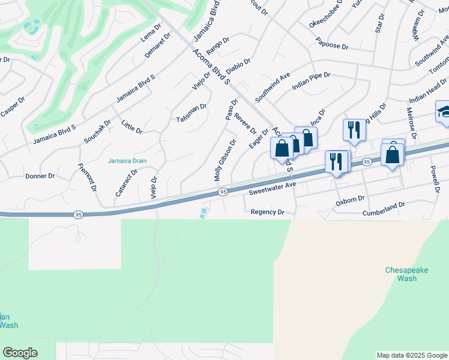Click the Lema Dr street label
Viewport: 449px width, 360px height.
(151, 34)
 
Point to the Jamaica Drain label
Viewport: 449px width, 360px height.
(127, 160)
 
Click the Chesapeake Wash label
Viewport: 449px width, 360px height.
(407, 274)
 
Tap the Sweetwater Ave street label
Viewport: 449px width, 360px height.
(273, 191)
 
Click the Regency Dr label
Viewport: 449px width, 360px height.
(267, 212)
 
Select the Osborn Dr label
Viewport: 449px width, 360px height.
(350, 199)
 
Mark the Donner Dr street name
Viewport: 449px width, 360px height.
(40, 176)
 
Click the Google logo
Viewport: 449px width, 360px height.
(20, 353)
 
